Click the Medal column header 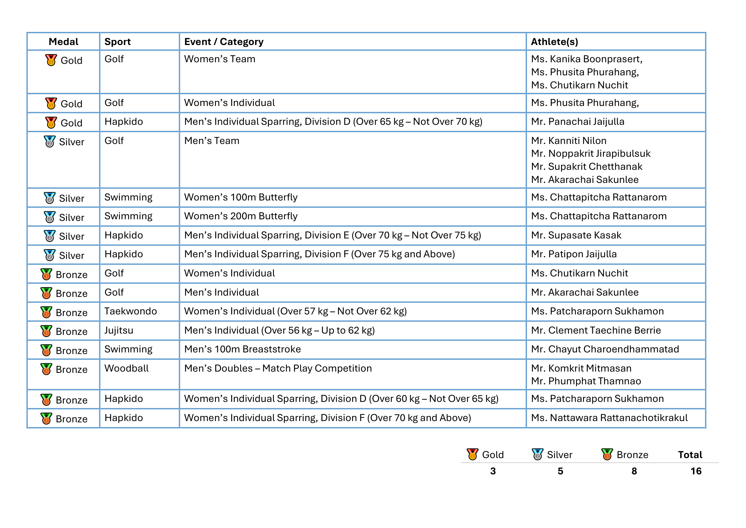[x=63, y=41]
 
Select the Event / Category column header [x=224, y=41]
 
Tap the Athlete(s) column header [x=554, y=41]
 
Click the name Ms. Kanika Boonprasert [x=587, y=59]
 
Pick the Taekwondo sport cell [x=130, y=311]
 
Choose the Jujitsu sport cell [x=119, y=330]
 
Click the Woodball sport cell [x=126, y=368]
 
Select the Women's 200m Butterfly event [x=241, y=216]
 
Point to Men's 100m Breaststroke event [x=242, y=349]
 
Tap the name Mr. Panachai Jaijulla [x=577, y=122]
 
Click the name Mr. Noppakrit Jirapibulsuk [x=590, y=154]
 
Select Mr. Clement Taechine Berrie [x=595, y=330]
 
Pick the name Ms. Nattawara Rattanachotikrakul [x=609, y=418]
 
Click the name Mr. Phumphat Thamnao [x=586, y=381]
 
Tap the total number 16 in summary [x=696, y=471]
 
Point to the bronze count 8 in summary [x=634, y=471]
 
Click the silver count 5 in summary [x=560, y=471]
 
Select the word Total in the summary [x=690, y=455]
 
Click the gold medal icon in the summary [x=472, y=454]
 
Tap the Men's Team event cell [x=211, y=141]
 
